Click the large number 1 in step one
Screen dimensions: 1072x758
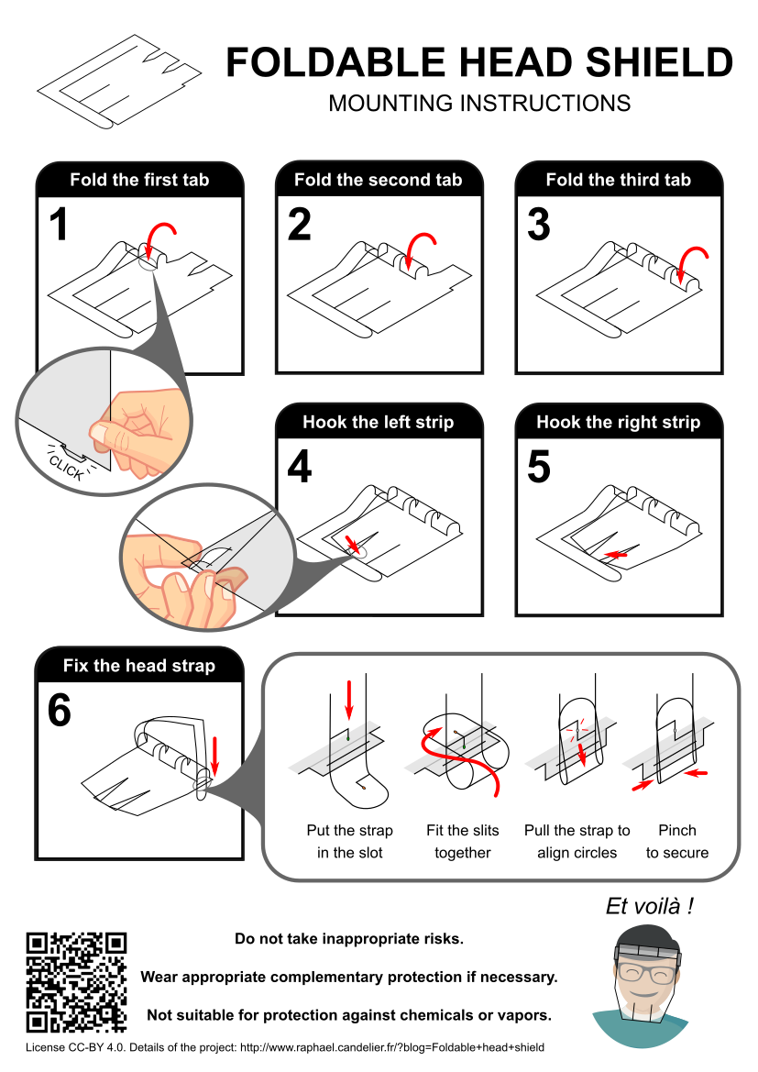click(x=60, y=225)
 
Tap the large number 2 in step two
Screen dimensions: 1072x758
click(x=300, y=225)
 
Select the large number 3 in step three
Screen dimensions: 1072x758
click(x=539, y=225)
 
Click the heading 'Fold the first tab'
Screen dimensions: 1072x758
click(x=139, y=180)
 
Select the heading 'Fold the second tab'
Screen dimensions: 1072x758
click(x=378, y=180)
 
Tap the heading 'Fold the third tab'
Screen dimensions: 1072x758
click(x=618, y=180)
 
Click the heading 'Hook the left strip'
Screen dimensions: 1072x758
click(x=378, y=423)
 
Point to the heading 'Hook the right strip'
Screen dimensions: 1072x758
click(x=618, y=423)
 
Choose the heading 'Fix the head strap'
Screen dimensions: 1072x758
click(x=139, y=666)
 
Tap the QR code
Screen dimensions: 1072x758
click(x=76, y=982)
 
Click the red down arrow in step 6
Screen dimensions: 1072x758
click(x=214, y=755)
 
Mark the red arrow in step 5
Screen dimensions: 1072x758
click(x=617, y=555)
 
